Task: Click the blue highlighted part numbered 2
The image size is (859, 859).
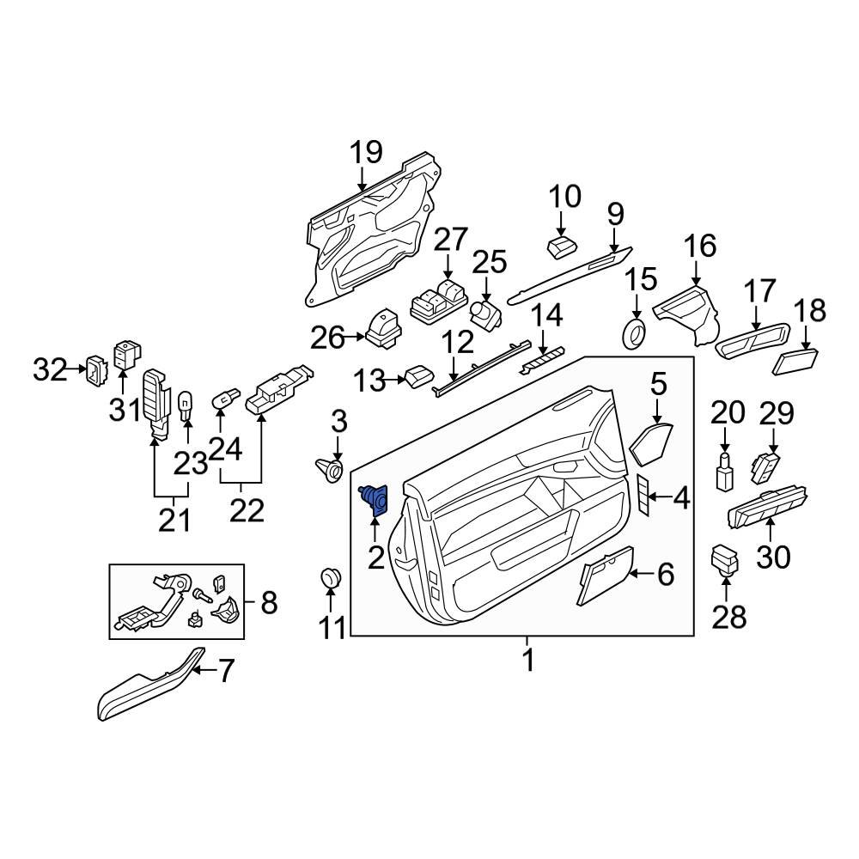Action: (x=375, y=498)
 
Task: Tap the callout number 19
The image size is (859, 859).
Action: (x=365, y=154)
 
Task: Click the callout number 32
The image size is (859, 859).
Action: (x=49, y=370)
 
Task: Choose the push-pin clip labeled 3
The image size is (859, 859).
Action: (x=332, y=469)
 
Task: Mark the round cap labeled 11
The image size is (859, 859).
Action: (x=330, y=578)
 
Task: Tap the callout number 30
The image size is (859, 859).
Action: (x=772, y=557)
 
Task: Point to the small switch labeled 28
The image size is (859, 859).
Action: (x=725, y=559)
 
